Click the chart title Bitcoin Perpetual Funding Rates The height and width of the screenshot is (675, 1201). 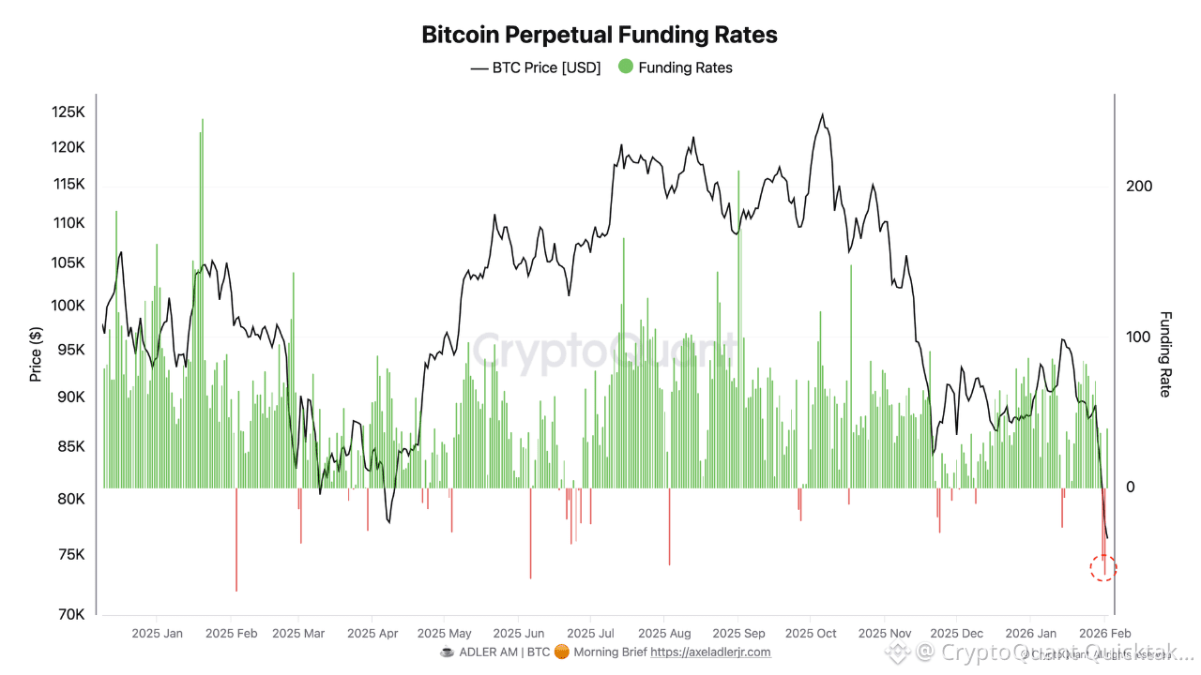pyautogui.click(x=600, y=35)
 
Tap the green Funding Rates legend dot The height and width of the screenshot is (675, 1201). pyautogui.click(x=626, y=67)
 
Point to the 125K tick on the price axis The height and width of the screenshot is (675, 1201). pyautogui.click(x=68, y=112)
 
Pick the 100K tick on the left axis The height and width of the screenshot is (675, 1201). pyautogui.click(x=68, y=306)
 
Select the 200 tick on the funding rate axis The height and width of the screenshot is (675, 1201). pyautogui.click(x=1139, y=187)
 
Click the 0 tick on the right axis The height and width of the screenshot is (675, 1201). pyautogui.click(x=1131, y=487)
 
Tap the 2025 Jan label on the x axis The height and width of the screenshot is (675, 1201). pyautogui.click(x=158, y=634)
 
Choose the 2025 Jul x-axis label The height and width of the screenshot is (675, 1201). pyautogui.click(x=591, y=634)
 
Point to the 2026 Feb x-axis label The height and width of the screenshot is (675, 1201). pyautogui.click(x=1104, y=634)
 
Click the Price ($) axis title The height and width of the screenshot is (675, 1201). pyautogui.click(x=36, y=354)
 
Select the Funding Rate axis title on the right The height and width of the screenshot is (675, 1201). pyautogui.click(x=1165, y=354)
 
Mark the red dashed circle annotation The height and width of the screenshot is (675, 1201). pyautogui.click(x=1103, y=567)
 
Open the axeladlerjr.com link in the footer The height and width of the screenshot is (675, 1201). pyautogui.click(x=710, y=652)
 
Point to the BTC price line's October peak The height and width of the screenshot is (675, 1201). pyautogui.click(x=823, y=115)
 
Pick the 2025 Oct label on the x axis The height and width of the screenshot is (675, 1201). pyautogui.click(x=811, y=634)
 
